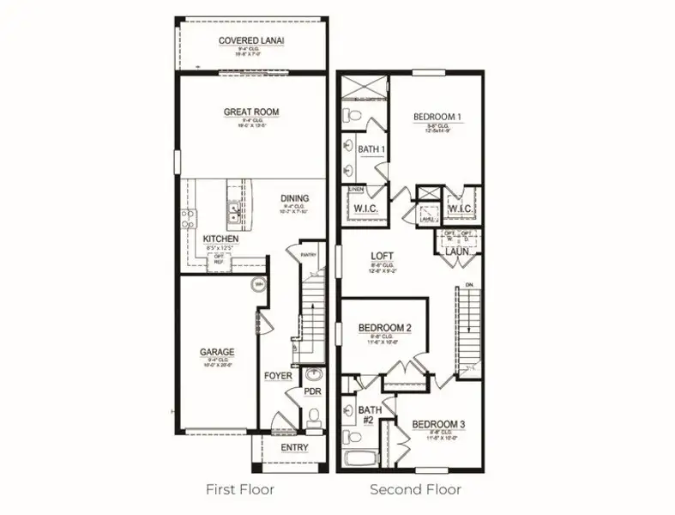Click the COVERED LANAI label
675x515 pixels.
click(x=251, y=40)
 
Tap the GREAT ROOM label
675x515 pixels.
click(x=251, y=112)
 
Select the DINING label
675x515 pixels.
click(x=294, y=199)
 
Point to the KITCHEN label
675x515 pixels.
click(x=220, y=239)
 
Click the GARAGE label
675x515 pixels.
click(x=217, y=352)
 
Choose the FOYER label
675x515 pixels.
click(x=278, y=376)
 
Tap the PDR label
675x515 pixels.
click(x=312, y=391)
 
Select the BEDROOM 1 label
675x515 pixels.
click(x=437, y=118)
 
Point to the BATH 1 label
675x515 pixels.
click(x=371, y=149)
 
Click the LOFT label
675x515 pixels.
click(x=382, y=256)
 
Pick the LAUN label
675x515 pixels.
click(x=455, y=251)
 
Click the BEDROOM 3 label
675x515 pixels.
click(x=438, y=424)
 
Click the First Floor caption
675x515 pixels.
click(x=239, y=489)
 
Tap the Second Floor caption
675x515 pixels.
click(x=415, y=489)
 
